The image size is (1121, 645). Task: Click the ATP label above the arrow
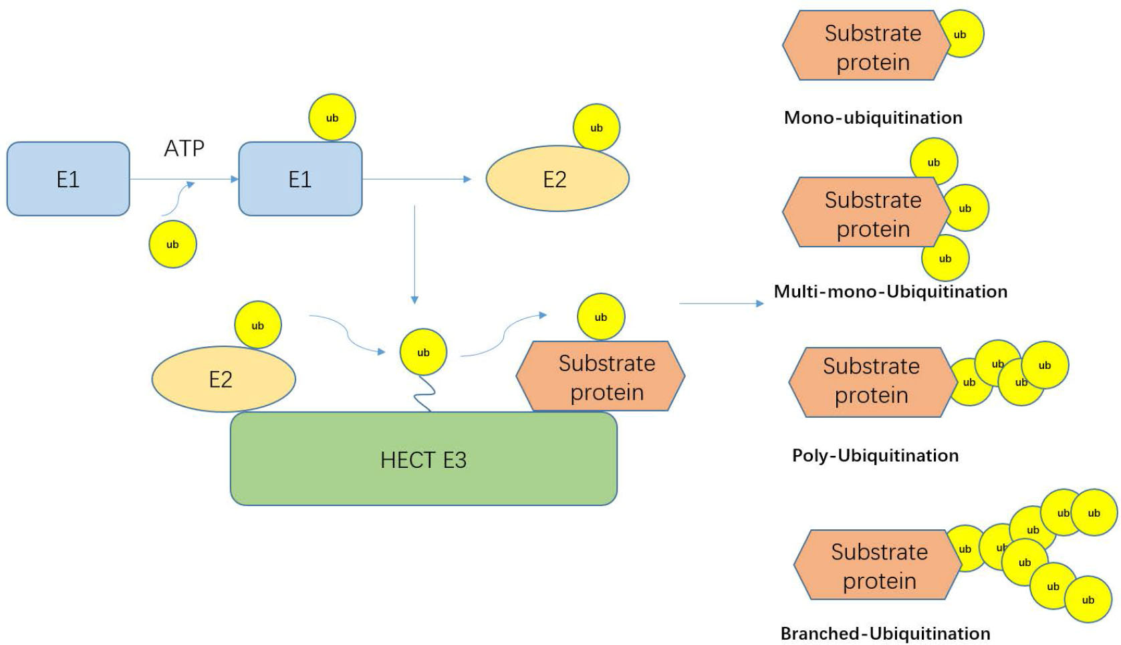(184, 148)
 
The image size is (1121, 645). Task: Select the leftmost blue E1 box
(68, 179)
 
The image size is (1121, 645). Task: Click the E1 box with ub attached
(300, 179)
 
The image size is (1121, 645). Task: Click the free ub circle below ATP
(172, 244)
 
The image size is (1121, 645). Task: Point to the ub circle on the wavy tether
(423, 352)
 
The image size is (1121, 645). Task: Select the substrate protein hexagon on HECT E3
(601, 378)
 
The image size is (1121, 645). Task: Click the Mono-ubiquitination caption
(873, 118)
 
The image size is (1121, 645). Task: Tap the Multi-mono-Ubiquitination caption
(890, 291)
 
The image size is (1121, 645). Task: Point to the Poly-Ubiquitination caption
(875, 455)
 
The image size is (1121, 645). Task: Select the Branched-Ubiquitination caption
(885, 633)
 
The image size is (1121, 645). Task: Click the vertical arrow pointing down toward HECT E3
(414, 254)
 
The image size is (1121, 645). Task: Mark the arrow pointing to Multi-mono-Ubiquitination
(721, 303)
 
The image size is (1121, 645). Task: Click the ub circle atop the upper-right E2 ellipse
(596, 128)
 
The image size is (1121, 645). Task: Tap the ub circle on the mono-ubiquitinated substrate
(961, 34)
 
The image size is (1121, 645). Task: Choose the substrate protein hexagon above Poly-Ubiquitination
(872, 382)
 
